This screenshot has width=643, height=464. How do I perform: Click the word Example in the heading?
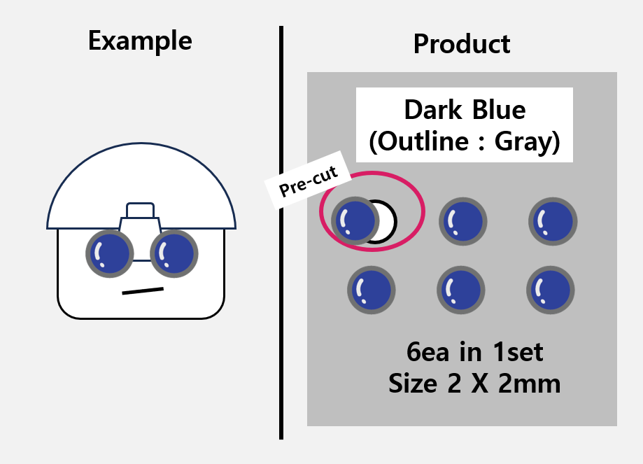click(140, 41)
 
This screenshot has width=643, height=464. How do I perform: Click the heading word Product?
click(462, 43)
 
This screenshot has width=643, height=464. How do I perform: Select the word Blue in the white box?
click(498, 110)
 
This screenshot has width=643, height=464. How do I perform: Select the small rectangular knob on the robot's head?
click(140, 210)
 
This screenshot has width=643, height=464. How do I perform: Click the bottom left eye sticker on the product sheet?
click(371, 289)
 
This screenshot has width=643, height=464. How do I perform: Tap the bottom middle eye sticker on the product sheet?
click(461, 289)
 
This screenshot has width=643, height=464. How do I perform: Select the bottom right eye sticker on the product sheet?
click(551, 289)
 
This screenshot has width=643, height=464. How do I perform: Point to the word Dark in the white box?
click(434, 110)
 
